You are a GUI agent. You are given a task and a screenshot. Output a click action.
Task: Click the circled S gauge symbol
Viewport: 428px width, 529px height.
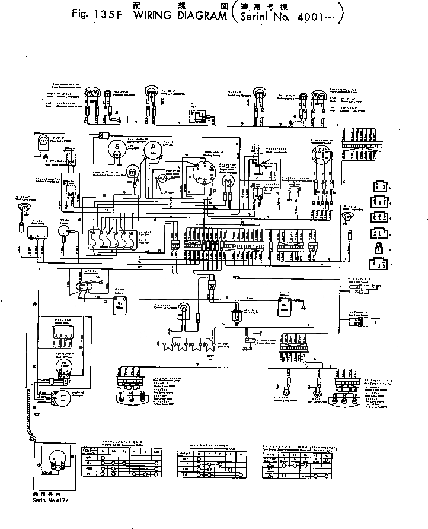(117, 145)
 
